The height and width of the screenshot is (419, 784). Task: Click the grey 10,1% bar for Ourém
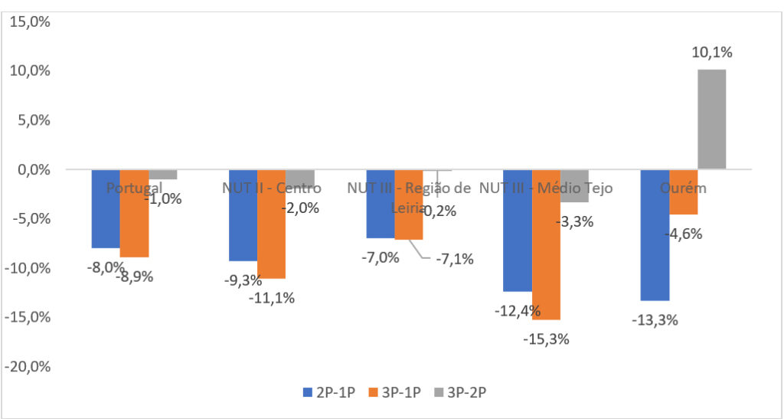712,119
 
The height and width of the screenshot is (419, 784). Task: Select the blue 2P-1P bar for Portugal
106,208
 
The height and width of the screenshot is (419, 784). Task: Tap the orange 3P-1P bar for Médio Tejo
546,244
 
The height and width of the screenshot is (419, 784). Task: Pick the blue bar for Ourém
655,234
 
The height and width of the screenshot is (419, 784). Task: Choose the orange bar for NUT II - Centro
271,224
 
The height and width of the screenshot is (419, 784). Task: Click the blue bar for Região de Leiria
380,204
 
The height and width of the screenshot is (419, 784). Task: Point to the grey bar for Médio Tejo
573,185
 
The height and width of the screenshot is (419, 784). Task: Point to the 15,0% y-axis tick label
28,21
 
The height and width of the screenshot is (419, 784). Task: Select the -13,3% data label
656,320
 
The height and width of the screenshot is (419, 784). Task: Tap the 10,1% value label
712,52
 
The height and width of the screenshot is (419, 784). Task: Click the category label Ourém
683,188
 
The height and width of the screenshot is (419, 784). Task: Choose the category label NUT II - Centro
271,188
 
